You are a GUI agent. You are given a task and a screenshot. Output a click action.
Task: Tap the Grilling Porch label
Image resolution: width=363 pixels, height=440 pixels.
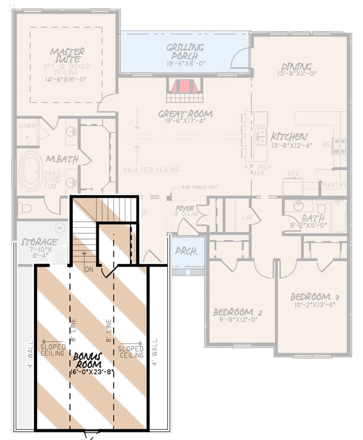(185, 52)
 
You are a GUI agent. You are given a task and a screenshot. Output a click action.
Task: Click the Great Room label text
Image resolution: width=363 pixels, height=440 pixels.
(185, 114)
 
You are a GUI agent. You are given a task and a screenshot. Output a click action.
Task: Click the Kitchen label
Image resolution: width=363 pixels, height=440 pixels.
(289, 136)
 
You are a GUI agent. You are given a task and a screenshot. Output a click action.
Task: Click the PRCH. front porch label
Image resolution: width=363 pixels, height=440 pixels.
(187, 251)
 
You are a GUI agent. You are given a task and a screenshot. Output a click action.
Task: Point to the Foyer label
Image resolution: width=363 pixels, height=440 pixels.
(184, 208)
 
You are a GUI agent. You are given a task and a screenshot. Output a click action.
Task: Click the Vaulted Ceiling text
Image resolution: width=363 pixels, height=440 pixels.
(151, 170)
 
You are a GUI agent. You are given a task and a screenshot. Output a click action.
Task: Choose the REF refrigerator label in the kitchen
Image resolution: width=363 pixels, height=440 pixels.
(293, 174)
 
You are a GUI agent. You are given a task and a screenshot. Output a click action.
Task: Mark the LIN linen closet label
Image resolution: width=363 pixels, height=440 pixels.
(247, 218)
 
